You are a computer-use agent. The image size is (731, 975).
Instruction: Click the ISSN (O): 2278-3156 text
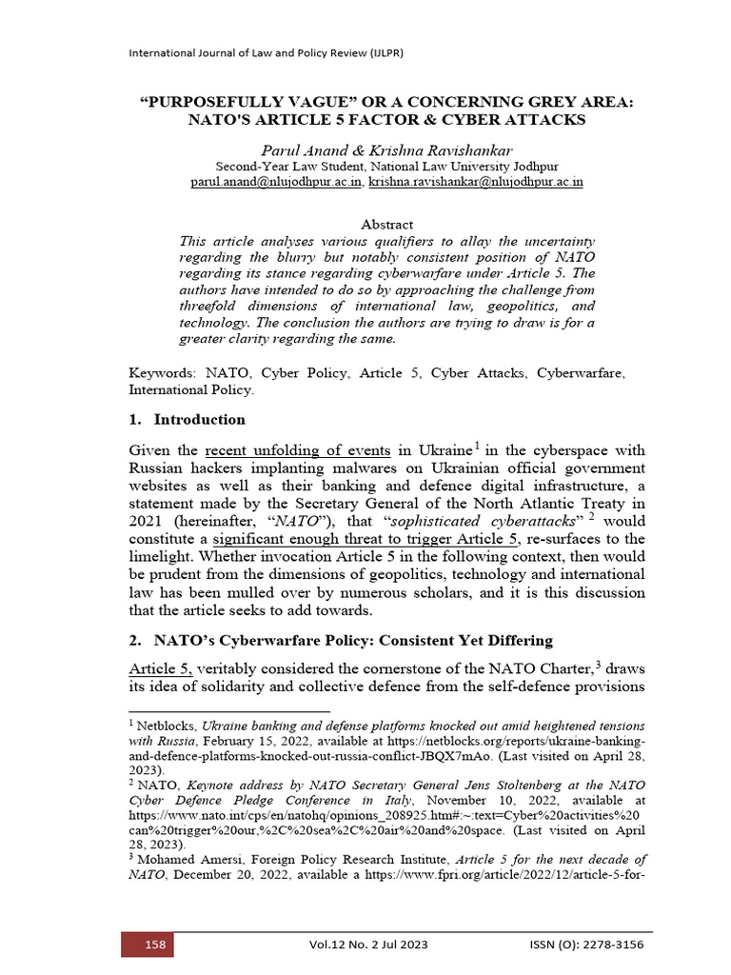coord(587,945)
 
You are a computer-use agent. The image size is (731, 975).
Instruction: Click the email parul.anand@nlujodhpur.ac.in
coord(276,181)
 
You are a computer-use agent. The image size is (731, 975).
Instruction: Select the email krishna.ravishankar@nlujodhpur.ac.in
coord(463,181)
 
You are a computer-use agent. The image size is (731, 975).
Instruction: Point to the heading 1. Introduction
coord(187,419)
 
